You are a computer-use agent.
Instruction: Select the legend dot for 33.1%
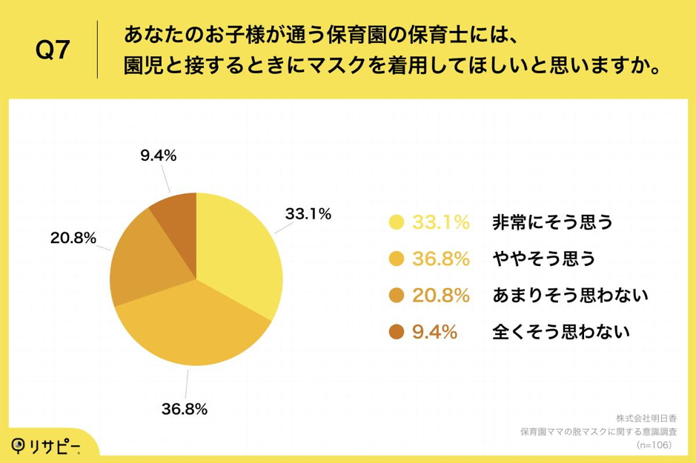click(x=396, y=221)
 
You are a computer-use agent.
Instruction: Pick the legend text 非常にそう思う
click(x=553, y=221)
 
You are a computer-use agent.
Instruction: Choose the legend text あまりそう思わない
click(x=571, y=296)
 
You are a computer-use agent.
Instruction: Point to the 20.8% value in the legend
click(x=442, y=296)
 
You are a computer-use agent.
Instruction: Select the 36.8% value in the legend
click(x=442, y=259)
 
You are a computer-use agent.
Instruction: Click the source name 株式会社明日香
click(x=646, y=417)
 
